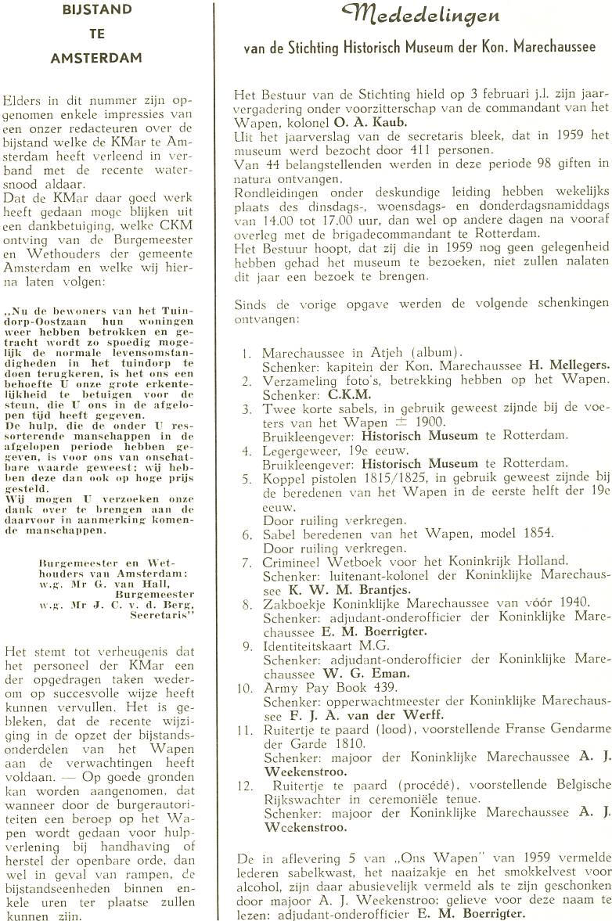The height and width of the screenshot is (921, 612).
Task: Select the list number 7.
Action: pyautogui.click(x=247, y=561)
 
